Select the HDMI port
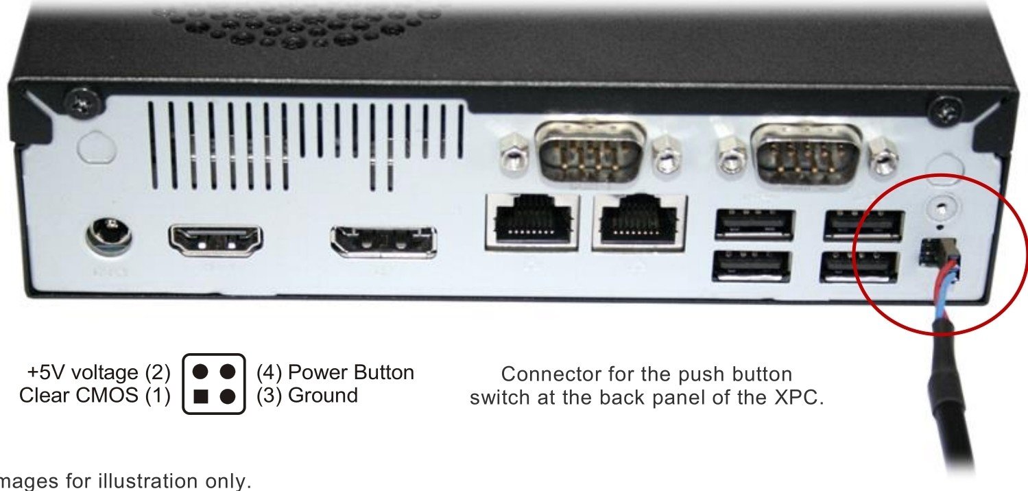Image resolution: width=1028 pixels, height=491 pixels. (x=215, y=239)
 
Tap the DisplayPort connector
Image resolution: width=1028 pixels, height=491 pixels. (x=383, y=241)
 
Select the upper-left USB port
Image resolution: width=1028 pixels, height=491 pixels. (x=754, y=224)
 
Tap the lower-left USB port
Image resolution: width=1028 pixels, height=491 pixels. (x=752, y=267)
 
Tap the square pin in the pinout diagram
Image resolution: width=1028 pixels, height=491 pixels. (x=201, y=396)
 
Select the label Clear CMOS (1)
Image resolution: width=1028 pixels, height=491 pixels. (x=95, y=396)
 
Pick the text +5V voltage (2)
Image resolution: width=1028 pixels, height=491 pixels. (x=98, y=372)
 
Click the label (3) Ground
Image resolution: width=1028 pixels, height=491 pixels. (x=307, y=396)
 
